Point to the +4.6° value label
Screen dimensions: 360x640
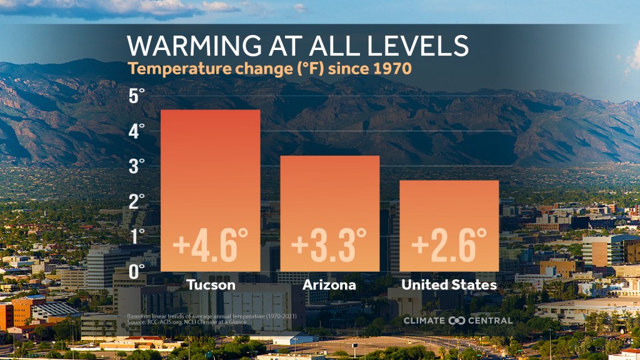(x=211, y=245)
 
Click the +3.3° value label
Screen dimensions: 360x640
(x=329, y=245)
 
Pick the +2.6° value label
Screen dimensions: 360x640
(x=449, y=245)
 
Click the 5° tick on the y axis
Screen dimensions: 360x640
(x=136, y=97)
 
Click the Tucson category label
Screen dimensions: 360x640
(x=211, y=286)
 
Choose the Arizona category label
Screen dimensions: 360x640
(x=329, y=286)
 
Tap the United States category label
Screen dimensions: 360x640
(x=449, y=286)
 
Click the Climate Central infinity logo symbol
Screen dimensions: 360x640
(x=457, y=320)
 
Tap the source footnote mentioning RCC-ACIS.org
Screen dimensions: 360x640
(x=187, y=322)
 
